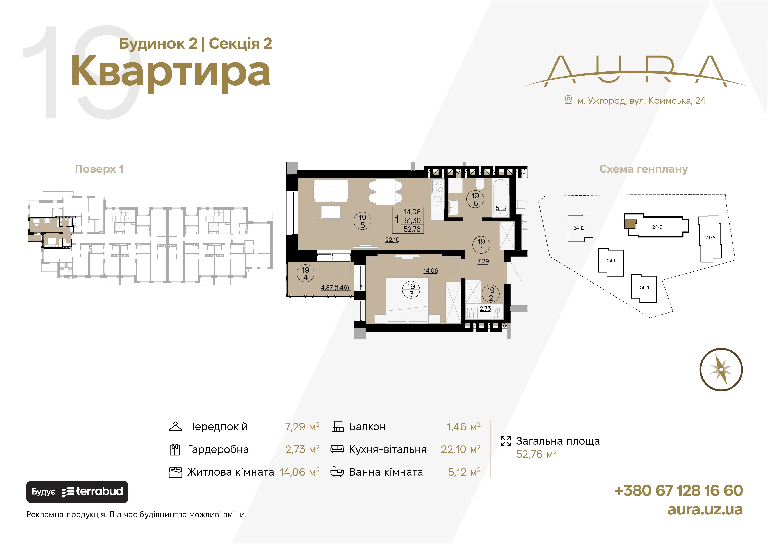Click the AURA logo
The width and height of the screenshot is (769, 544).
click(x=635, y=71)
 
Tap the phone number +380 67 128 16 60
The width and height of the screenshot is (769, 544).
click(x=678, y=490)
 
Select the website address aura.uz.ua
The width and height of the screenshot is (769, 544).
click(x=705, y=510)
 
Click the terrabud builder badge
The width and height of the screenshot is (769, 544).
click(x=77, y=492)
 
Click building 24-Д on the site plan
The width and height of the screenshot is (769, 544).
click(x=580, y=228)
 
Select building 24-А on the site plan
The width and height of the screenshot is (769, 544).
click(x=710, y=238)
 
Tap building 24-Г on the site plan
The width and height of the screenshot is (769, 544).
click(x=611, y=262)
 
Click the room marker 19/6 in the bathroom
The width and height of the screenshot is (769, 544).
click(x=475, y=199)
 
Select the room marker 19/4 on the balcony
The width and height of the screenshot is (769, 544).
click(x=305, y=273)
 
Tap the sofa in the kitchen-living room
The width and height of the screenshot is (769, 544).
click(x=331, y=191)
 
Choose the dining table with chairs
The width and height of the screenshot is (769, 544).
click(x=386, y=192)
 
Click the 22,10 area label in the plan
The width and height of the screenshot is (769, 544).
click(x=392, y=240)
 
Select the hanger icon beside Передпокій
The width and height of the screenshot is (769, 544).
click(x=175, y=426)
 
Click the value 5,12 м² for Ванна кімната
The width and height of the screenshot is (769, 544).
click(x=464, y=472)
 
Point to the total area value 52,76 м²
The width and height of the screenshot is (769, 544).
click(x=536, y=454)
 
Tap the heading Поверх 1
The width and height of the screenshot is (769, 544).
click(x=99, y=169)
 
